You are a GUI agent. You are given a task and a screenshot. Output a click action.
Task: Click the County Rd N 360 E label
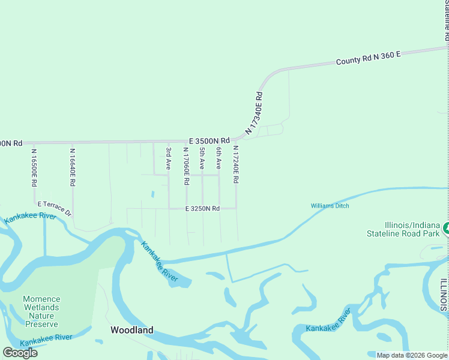tap(368, 58)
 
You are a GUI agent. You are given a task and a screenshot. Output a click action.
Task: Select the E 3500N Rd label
tap(209, 140)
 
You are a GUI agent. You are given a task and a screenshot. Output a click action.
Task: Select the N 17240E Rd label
tap(236, 164)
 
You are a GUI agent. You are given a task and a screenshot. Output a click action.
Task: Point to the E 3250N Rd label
tap(202, 208)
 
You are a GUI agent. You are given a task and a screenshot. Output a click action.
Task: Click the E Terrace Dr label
tap(55, 208)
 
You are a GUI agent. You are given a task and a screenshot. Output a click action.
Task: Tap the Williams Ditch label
tap(330, 206)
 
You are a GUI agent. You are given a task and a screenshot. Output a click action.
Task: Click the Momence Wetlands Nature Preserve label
tap(41, 311)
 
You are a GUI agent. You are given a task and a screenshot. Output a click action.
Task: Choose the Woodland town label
tap(131, 330)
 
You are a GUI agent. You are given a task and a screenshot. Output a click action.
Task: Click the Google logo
tap(20, 352)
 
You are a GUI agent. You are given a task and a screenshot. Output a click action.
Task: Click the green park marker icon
tap(446, 229)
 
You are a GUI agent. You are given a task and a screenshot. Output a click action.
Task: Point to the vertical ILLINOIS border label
tap(444, 295)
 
